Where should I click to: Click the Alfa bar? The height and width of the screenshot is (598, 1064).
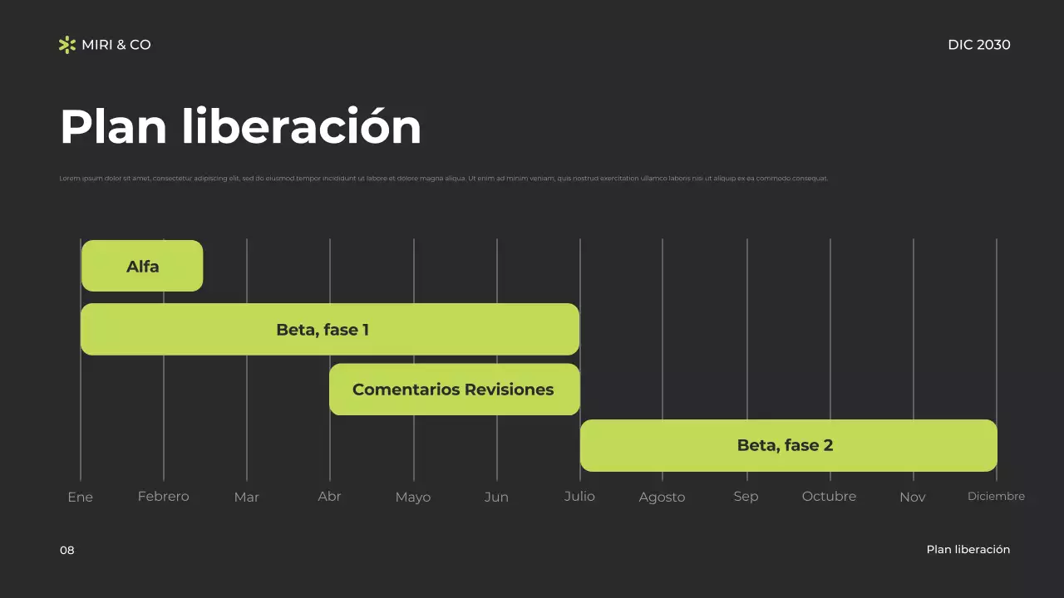[x=142, y=266]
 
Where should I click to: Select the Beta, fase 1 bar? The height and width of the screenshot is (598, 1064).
[x=330, y=330]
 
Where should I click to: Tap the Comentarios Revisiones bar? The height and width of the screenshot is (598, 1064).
[x=454, y=390]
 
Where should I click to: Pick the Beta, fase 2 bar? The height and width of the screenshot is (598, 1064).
[x=788, y=445]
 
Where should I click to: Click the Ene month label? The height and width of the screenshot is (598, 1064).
[x=80, y=498]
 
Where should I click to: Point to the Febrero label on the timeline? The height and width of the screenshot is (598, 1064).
[x=163, y=497]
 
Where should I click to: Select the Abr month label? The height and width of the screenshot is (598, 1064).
[x=329, y=497]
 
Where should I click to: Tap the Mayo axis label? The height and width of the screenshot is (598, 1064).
[x=413, y=498]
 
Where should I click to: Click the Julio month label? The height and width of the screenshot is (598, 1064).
[x=579, y=497]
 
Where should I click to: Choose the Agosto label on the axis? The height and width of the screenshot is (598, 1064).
[x=662, y=498]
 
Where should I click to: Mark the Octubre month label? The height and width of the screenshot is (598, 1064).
[x=829, y=497]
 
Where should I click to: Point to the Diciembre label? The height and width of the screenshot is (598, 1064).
[x=996, y=497]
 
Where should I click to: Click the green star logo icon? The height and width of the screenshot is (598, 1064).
[x=67, y=45]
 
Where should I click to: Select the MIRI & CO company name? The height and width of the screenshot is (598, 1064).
[x=116, y=45]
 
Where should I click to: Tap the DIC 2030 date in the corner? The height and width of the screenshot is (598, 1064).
[x=978, y=45]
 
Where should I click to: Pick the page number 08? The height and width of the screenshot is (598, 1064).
[x=67, y=550]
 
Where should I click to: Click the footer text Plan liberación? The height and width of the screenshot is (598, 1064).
[x=968, y=550]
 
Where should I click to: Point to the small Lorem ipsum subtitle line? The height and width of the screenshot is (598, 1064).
[x=443, y=179]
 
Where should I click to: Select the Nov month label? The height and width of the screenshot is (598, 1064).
[x=912, y=498]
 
